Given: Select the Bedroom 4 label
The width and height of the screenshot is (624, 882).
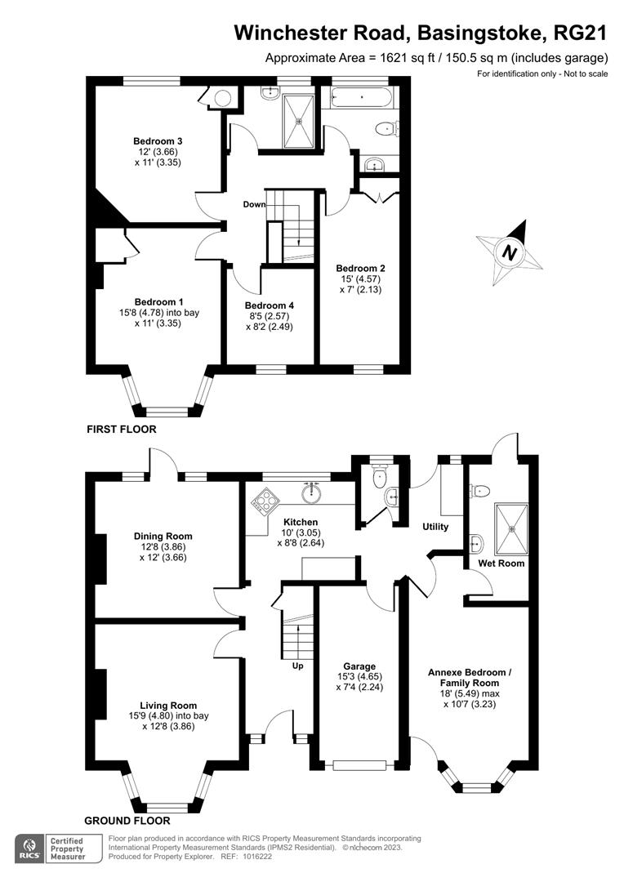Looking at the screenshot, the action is [269, 305].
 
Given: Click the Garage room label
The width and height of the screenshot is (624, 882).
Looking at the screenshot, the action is [359, 666].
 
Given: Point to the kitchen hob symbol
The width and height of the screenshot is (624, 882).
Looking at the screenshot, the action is [261, 500].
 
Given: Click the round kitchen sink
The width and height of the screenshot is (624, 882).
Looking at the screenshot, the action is [310, 493].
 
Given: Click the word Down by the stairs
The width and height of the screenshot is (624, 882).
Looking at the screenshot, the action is [254, 204].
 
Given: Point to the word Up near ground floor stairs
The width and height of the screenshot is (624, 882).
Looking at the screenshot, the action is [297, 666].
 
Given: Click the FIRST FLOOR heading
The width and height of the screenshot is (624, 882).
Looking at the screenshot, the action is [122, 430].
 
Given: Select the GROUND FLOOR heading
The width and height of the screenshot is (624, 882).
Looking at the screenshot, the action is [127, 821].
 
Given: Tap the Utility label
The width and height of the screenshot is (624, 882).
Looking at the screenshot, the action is [435, 527].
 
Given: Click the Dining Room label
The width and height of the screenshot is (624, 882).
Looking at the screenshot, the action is [163, 536].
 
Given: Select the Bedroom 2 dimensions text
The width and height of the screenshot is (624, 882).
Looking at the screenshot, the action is [361, 284].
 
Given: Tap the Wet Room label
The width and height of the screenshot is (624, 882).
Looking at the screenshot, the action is [501, 563].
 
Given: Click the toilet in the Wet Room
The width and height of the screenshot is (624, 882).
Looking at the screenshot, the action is [479, 491].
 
